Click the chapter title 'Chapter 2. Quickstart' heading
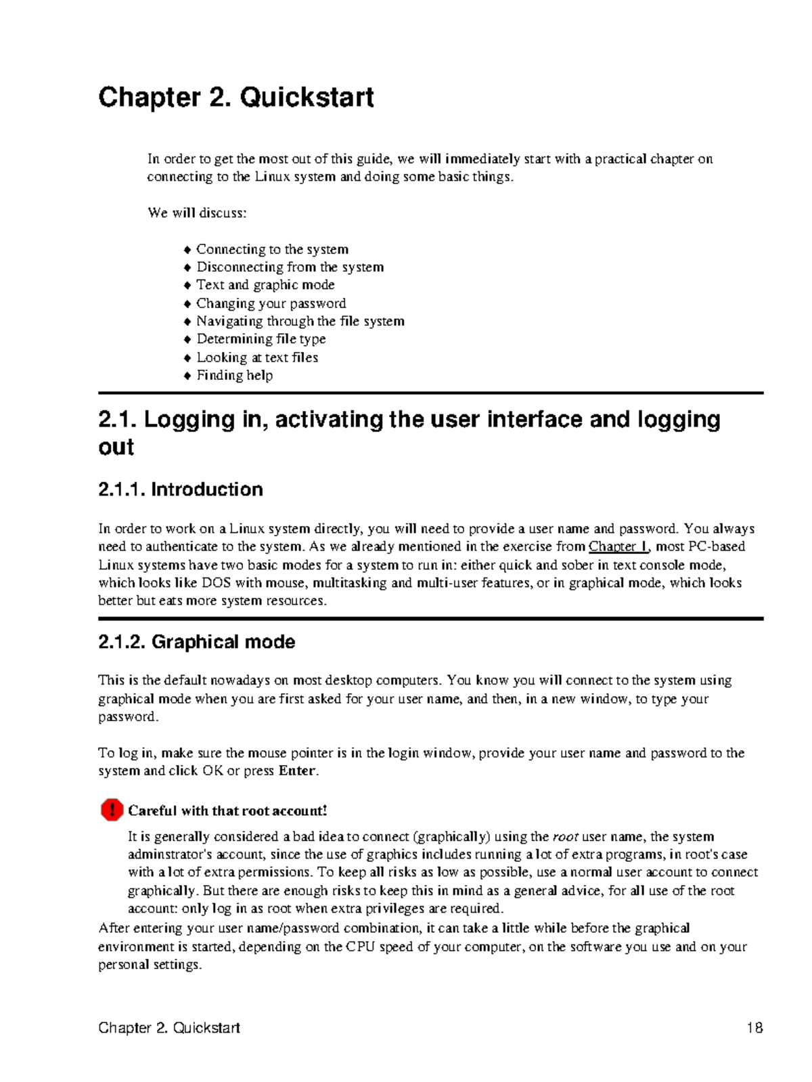pyautogui.click(x=235, y=98)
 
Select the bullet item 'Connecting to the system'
pyautogui.click(x=272, y=249)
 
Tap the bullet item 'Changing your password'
pyautogui.click(x=271, y=303)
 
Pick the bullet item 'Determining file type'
pyautogui.click(x=261, y=339)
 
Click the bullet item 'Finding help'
pyautogui.click(x=234, y=375)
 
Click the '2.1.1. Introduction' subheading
pyautogui.click(x=180, y=490)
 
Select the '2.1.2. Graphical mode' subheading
pyautogui.click(x=196, y=642)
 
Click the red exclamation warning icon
pyautogui.click(x=112, y=810)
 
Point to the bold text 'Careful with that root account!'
pyautogui.click(x=227, y=810)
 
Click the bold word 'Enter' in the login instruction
pyautogui.click(x=297, y=771)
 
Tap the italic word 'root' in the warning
pyautogui.click(x=566, y=837)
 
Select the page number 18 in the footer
pyautogui.click(x=754, y=1028)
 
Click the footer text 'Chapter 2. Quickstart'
pyautogui.click(x=169, y=1028)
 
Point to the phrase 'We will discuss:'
pyautogui.click(x=197, y=213)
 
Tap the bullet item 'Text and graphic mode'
pyautogui.click(x=265, y=285)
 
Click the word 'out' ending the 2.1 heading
pyautogui.click(x=116, y=448)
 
